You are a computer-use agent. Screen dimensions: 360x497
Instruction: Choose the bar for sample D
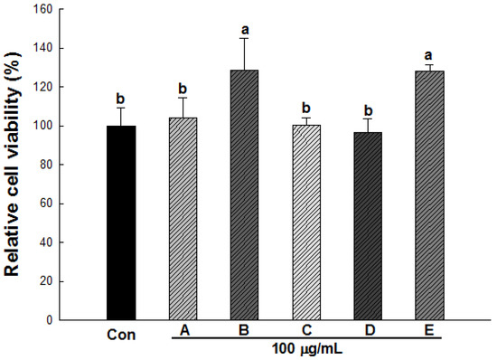366,226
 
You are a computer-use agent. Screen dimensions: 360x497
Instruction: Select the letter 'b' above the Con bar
120,97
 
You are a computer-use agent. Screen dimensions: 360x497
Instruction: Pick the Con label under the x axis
120,333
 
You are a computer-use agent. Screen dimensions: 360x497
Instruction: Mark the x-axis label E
428,331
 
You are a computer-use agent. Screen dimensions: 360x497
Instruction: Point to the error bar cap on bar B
244,38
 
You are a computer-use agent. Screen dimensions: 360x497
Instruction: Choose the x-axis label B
244,331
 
